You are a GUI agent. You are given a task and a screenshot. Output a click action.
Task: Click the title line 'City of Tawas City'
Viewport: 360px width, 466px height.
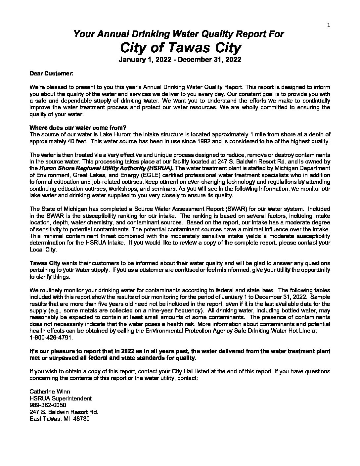180,48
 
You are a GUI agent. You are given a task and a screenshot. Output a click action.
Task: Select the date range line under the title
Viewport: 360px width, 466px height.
180,60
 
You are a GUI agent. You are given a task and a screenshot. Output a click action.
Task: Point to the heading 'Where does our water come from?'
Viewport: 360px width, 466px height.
78,128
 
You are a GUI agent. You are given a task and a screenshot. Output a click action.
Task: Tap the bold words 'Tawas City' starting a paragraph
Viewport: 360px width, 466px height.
45,263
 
